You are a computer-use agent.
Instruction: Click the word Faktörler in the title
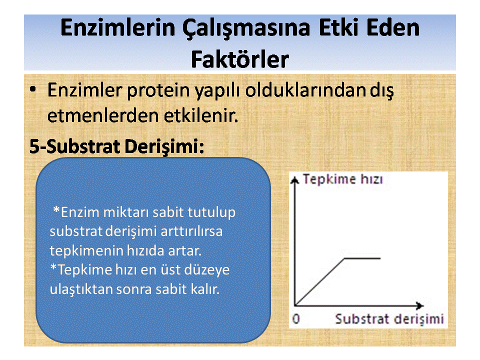click(x=240, y=59)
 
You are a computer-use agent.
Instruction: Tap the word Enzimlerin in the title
click(x=118, y=27)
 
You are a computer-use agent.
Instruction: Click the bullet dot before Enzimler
click(x=33, y=89)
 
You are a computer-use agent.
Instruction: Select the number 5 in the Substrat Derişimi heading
click(x=34, y=146)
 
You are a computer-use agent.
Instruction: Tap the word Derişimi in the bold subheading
click(x=164, y=146)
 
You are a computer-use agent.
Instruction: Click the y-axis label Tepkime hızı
click(x=342, y=179)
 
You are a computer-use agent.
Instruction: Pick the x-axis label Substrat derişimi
click(x=389, y=319)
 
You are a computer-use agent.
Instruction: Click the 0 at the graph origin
click(x=296, y=318)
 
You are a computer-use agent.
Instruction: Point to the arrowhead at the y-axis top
click(x=294, y=180)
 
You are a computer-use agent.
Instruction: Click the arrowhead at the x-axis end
click(x=420, y=305)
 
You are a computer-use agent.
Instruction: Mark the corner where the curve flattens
click(x=345, y=258)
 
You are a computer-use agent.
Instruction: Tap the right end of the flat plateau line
click(x=380, y=258)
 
